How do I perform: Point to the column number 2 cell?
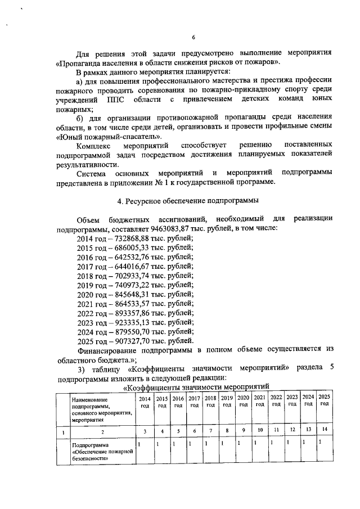[x=102, y=431]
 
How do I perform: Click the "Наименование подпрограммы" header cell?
[x=101, y=409]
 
